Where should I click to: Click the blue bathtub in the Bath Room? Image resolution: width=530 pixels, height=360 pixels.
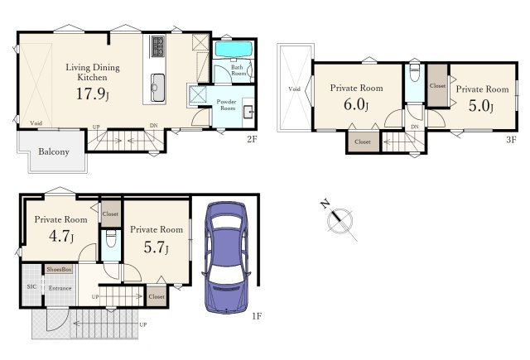click(234, 50)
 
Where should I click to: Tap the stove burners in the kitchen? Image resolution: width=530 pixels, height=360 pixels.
click(157, 46)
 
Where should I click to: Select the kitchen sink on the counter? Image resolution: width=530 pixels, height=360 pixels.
click(158, 88)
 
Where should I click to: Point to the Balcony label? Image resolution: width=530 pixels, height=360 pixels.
click(54, 151)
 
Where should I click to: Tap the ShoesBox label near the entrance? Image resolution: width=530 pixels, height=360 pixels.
click(59, 269)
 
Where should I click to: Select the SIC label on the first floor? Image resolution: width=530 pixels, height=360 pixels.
click(31, 286)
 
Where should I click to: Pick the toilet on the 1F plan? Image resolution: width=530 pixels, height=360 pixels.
click(111, 239)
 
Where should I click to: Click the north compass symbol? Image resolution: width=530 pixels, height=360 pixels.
click(339, 220)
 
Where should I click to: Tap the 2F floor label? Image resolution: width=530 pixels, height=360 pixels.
click(252, 139)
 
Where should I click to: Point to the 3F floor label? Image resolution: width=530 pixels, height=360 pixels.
click(511, 139)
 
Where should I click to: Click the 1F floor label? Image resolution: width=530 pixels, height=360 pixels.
click(257, 316)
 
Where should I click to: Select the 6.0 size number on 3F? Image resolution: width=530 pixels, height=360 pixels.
click(355, 104)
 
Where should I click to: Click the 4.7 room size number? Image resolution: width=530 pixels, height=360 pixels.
click(60, 236)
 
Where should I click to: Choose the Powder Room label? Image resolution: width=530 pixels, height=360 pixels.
click(227, 105)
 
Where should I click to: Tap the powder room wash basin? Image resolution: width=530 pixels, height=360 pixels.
click(248, 110)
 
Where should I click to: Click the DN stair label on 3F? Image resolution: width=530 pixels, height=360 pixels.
click(415, 127)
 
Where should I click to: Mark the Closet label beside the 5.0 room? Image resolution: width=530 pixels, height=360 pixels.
click(437, 86)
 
